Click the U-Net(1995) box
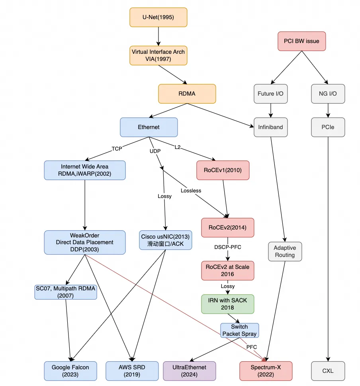(x=158, y=18)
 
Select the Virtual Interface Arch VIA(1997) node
(x=158, y=55)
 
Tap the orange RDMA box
(x=187, y=94)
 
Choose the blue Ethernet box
(x=149, y=127)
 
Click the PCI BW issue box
(x=301, y=41)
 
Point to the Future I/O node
(x=271, y=94)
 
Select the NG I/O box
(x=328, y=94)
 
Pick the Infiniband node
(x=271, y=127)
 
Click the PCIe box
(x=328, y=127)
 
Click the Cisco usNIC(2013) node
(x=165, y=240)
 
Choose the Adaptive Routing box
(x=285, y=251)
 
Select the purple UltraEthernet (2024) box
(x=190, y=371)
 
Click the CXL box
(x=328, y=371)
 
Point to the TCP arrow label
(x=117, y=148)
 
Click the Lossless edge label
(x=191, y=190)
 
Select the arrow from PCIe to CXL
(x=328, y=247)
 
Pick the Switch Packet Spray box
(x=239, y=330)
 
